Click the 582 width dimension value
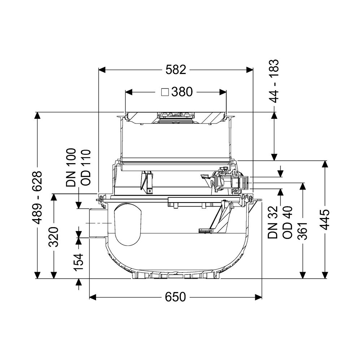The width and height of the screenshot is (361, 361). pos(176,70)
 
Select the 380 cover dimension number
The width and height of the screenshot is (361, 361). pos(182,92)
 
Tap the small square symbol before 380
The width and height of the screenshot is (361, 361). pos(165,92)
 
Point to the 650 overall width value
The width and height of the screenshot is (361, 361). pos(175,297)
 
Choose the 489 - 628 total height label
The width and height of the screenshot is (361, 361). pos(37,197)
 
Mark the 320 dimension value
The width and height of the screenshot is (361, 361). pos(54,237)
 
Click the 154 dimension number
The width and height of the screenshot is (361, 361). pos(78,262)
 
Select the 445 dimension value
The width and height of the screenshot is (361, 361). pos(325,219)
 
